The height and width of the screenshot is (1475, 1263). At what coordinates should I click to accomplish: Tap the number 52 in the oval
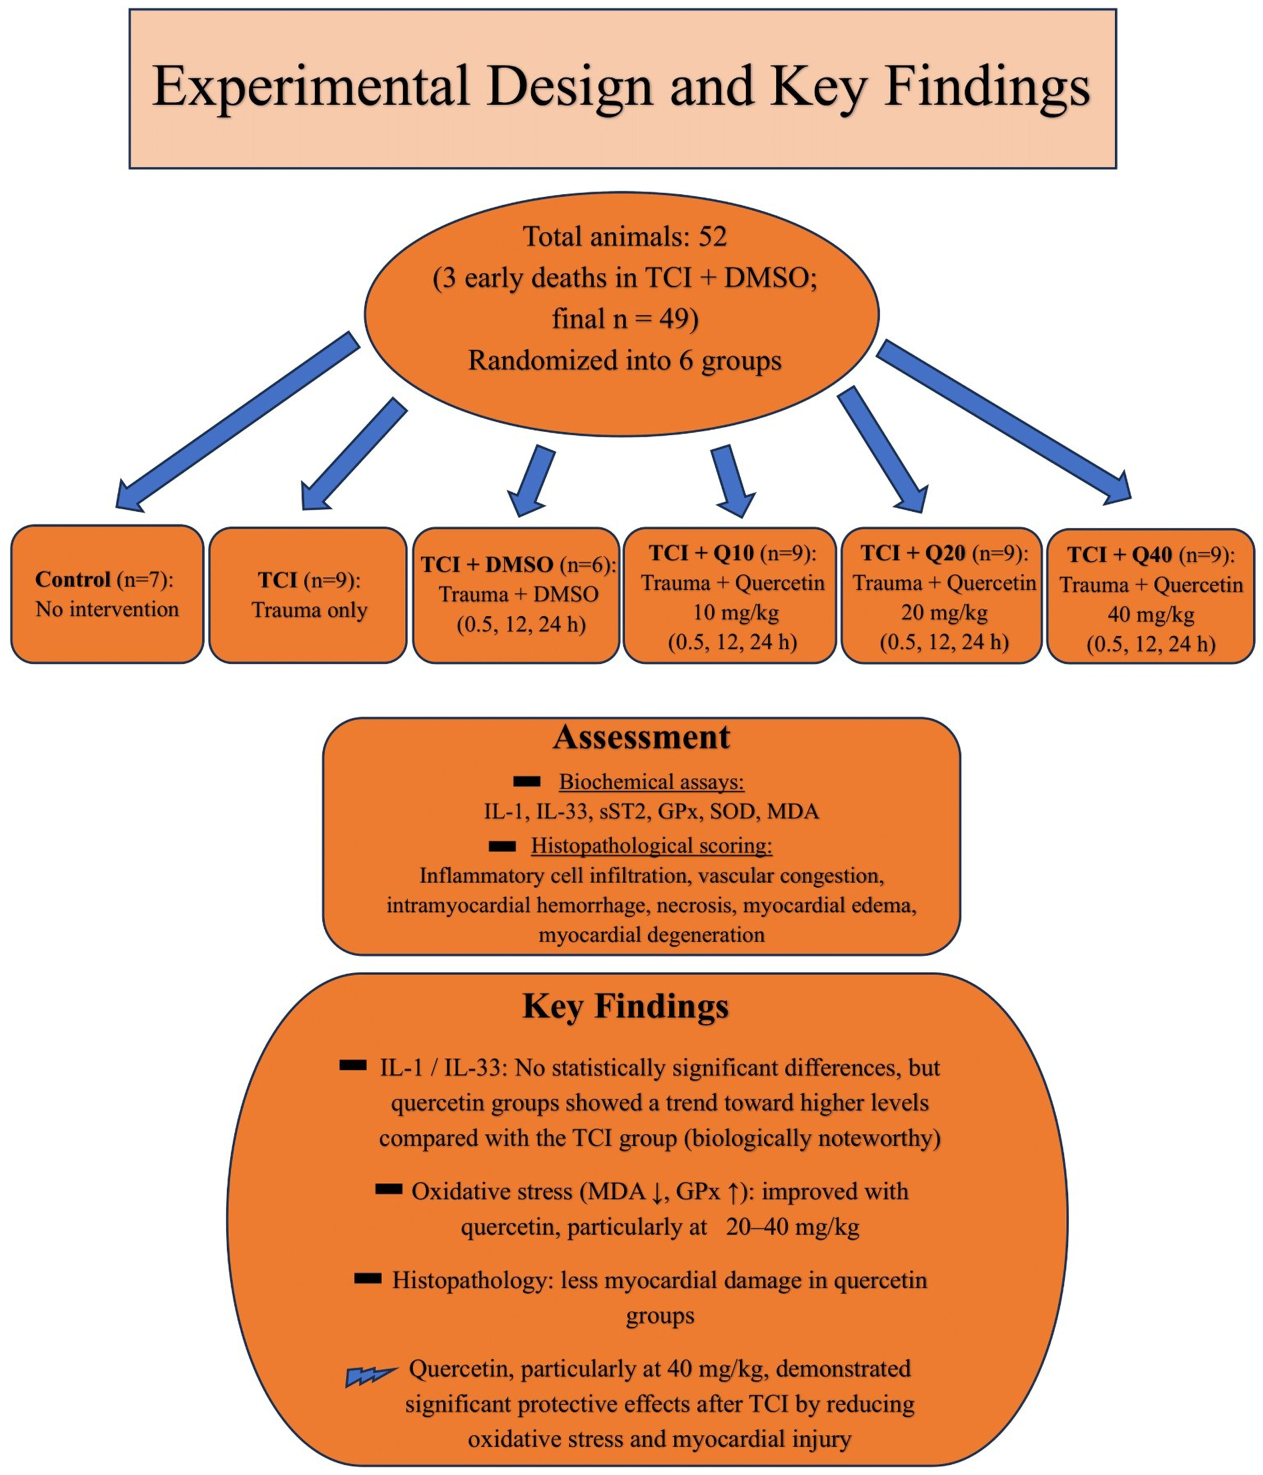point(713,236)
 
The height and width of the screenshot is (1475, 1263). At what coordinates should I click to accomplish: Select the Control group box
point(107,595)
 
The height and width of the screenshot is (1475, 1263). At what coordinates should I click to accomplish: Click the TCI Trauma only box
point(308,595)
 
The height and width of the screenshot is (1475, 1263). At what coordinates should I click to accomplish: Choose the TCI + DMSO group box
point(516,595)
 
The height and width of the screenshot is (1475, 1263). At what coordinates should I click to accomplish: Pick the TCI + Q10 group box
point(730,595)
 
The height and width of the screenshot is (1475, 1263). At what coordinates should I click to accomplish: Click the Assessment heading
point(641,737)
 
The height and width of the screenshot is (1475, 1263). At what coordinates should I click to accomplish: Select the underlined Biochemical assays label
point(651,782)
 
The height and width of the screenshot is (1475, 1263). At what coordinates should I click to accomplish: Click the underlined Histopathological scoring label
point(651,846)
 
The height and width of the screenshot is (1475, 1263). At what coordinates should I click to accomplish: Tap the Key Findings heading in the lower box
point(625,1006)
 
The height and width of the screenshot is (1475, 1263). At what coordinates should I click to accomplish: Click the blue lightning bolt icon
point(370,1376)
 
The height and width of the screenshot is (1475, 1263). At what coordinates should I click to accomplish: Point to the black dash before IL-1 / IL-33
point(353,1066)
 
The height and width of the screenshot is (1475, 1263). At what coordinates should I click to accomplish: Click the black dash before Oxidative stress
point(388,1189)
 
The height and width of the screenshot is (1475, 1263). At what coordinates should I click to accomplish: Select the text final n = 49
point(624,318)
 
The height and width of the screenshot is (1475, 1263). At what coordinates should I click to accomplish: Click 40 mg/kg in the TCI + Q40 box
point(1150,613)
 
